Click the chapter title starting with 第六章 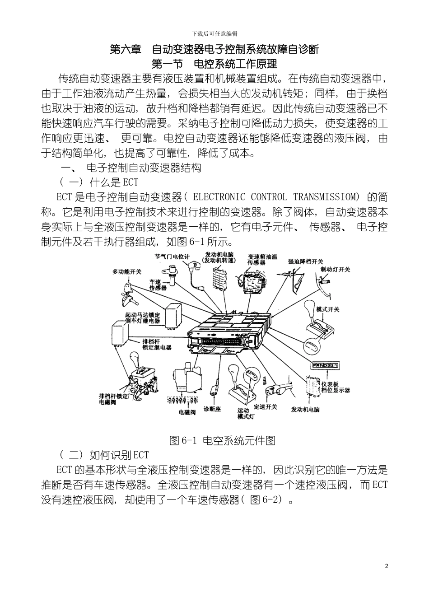point(214,49)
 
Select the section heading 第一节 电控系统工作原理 point(214,64)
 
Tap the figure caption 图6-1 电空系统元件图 point(222,440)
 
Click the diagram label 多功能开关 point(127,271)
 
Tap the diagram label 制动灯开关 point(335,269)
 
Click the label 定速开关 point(266,407)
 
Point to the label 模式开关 point(328,309)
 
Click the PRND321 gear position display point(326,365)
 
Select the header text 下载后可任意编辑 point(214,34)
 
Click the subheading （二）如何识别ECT point(104,455)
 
